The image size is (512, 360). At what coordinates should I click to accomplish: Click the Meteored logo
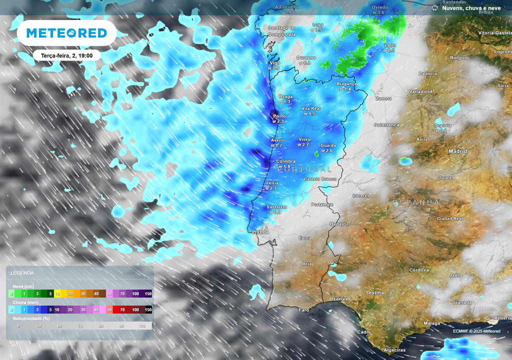[x=66, y=33]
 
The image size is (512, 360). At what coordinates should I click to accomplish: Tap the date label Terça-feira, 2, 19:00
[x=67, y=55]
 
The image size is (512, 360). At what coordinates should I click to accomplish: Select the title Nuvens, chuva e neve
[x=471, y=8]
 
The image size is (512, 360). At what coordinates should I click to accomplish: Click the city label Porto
[x=279, y=116]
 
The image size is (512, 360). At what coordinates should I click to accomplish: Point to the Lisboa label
[x=260, y=232]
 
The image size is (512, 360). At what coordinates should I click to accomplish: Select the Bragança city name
[x=346, y=83]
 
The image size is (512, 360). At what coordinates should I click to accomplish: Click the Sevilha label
[x=374, y=292]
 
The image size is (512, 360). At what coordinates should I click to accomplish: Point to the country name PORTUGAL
[x=304, y=169]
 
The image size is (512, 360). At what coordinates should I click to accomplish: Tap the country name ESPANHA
[x=416, y=202]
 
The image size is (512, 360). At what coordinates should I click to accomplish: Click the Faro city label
[x=304, y=310]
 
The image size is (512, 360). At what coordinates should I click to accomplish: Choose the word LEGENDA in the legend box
[x=22, y=273]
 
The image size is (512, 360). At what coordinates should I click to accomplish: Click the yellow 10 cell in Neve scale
[x=57, y=293]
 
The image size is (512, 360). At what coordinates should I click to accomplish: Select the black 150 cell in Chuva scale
[x=148, y=310]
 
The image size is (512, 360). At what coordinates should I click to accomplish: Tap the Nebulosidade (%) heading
[x=31, y=318]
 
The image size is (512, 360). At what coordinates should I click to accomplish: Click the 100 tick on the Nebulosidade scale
[x=141, y=326]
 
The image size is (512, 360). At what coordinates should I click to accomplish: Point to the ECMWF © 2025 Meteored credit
[x=476, y=331]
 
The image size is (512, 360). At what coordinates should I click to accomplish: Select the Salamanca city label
[x=387, y=124]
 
